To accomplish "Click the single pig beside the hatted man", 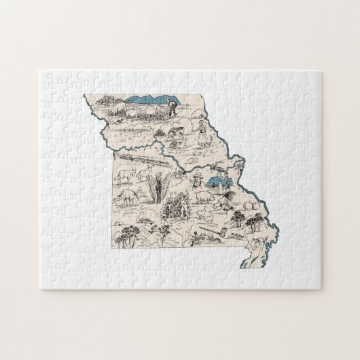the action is point(205,198).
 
